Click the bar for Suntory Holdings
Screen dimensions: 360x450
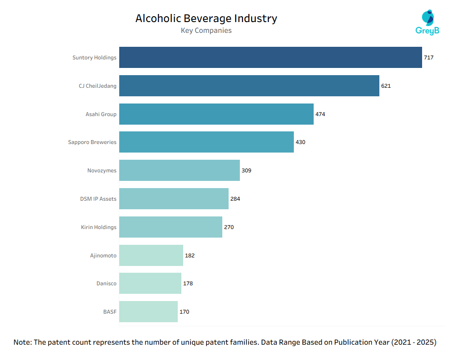point(270,58)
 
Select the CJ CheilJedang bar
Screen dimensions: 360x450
point(249,86)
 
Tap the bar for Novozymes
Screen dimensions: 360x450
point(179,171)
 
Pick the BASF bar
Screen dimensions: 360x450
point(148,311)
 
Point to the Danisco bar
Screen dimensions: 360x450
point(150,283)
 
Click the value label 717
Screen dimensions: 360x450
point(428,58)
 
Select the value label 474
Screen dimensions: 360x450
point(320,114)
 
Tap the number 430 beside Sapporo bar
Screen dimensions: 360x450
point(300,142)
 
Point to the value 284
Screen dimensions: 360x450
point(235,199)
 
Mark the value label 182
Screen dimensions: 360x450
point(189,256)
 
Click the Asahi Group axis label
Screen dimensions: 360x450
point(101,114)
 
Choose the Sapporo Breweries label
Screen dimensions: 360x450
point(92,142)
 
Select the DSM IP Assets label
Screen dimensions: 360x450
point(98,199)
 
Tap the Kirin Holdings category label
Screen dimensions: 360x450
point(99,227)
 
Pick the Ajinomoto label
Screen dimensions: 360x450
point(103,256)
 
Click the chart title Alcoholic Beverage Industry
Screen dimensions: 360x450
point(206,18)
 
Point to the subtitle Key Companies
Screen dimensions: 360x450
point(206,31)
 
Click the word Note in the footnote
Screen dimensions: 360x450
point(22,342)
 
